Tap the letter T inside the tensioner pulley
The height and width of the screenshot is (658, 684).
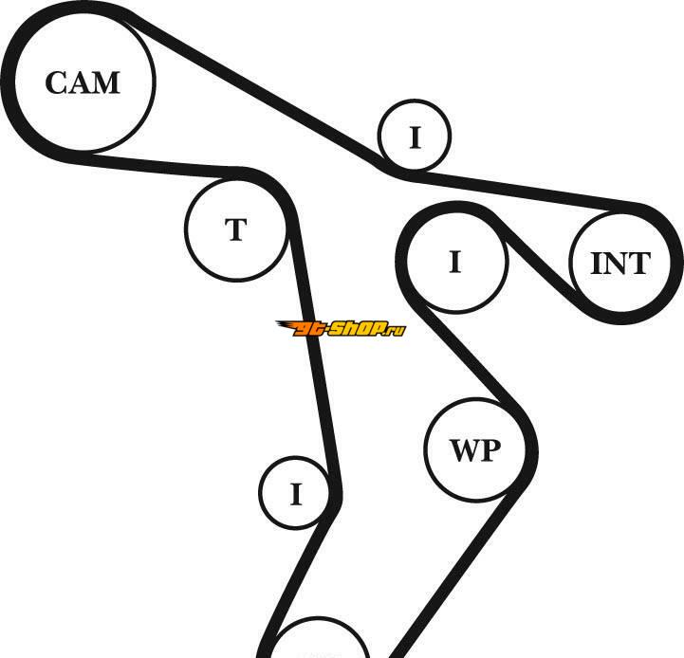click(235, 230)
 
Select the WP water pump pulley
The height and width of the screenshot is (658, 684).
click(474, 449)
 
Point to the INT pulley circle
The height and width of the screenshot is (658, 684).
click(620, 263)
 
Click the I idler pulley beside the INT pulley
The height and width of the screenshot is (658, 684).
click(455, 261)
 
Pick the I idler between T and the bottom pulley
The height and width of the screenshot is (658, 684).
click(295, 494)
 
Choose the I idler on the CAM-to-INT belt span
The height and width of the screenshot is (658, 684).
click(415, 138)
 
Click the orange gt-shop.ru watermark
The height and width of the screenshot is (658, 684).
click(341, 329)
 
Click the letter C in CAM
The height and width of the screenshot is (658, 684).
click(57, 83)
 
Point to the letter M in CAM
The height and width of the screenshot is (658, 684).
click(106, 83)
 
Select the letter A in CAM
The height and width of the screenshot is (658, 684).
click(81, 83)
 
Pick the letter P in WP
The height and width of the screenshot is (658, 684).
click(490, 450)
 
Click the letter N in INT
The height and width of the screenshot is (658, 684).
click(618, 264)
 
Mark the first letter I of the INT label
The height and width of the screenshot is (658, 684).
click(596, 264)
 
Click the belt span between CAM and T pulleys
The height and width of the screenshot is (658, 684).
click(171, 165)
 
